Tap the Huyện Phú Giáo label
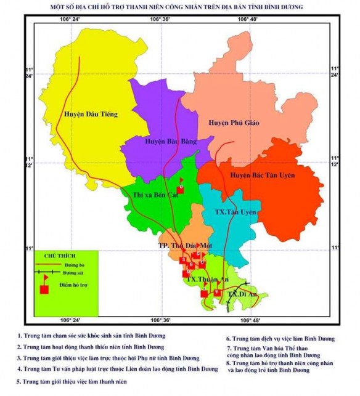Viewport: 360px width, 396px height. coord(234,123)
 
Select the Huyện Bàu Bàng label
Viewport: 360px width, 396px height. coord(171,141)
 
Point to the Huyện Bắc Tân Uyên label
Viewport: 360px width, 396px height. coord(263,176)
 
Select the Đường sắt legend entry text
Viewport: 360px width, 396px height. coord(73,271)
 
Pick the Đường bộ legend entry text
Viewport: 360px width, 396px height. coord(73,264)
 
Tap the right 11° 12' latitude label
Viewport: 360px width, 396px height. coord(335,161)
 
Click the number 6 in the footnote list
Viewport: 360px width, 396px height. coord(228,339)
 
